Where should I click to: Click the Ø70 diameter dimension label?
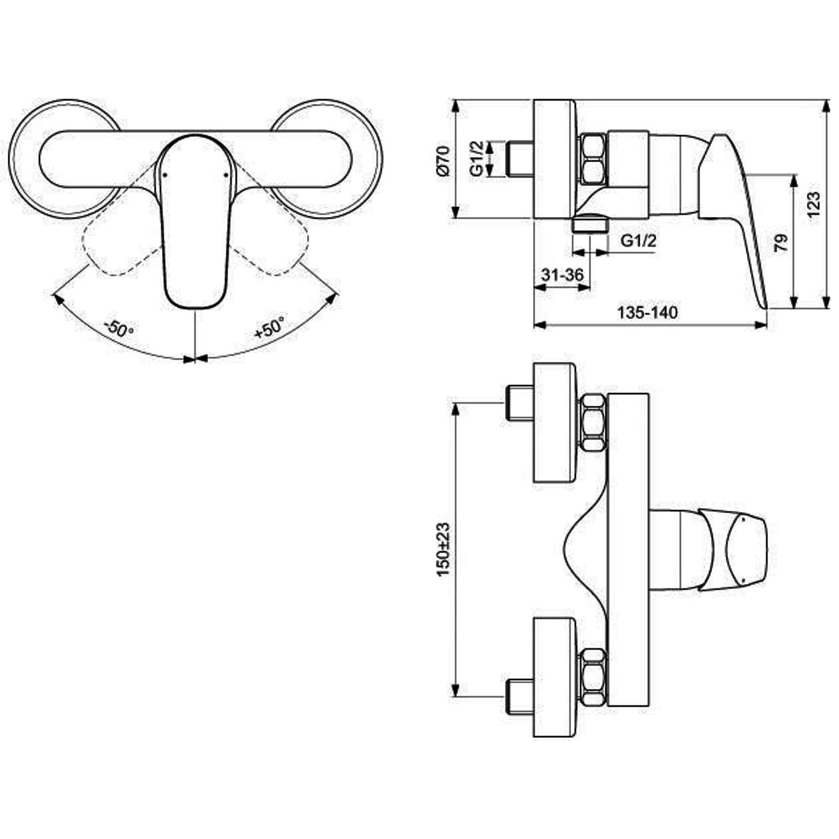click(443, 160)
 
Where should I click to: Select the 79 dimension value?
click(781, 243)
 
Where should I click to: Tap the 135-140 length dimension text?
click(647, 313)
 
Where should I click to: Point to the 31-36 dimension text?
click(562, 275)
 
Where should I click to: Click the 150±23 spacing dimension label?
click(444, 550)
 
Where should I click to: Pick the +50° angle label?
click(270, 328)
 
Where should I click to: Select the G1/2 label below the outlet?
click(638, 241)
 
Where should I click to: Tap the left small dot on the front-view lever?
click(165, 176)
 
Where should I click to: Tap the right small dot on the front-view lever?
click(226, 175)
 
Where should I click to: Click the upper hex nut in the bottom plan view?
click(593, 423)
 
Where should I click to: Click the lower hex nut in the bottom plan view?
click(593, 677)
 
